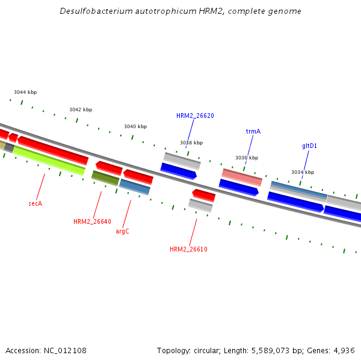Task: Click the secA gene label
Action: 35,203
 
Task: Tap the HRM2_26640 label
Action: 92,221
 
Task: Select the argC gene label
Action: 122,231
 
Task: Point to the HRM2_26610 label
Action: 188,249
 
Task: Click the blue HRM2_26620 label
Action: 195,116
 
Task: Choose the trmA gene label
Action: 253,131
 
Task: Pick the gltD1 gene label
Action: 309,146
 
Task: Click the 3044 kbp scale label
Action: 25,92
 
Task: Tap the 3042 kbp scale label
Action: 81,110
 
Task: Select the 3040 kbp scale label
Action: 135,126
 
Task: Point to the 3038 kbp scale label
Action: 191,143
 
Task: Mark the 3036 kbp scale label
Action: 247,158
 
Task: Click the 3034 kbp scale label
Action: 303,172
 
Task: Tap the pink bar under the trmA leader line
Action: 242,177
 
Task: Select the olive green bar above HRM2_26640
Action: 105,177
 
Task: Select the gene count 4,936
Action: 344,350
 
